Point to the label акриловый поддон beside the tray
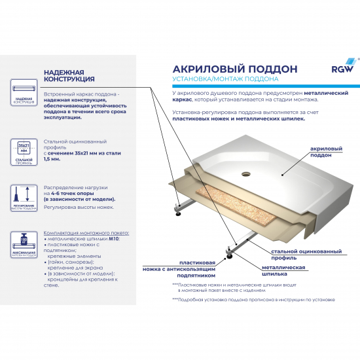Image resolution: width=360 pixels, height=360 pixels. [x=325, y=153]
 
